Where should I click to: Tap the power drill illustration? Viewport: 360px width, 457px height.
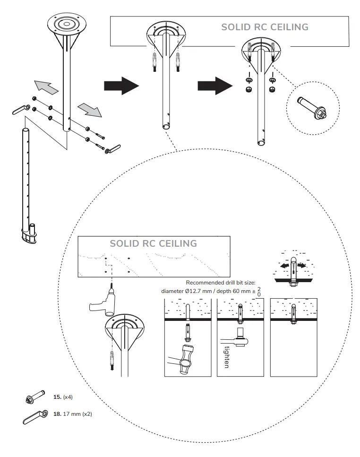[103, 305]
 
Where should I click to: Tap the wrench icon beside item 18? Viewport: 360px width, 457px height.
[34, 416]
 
